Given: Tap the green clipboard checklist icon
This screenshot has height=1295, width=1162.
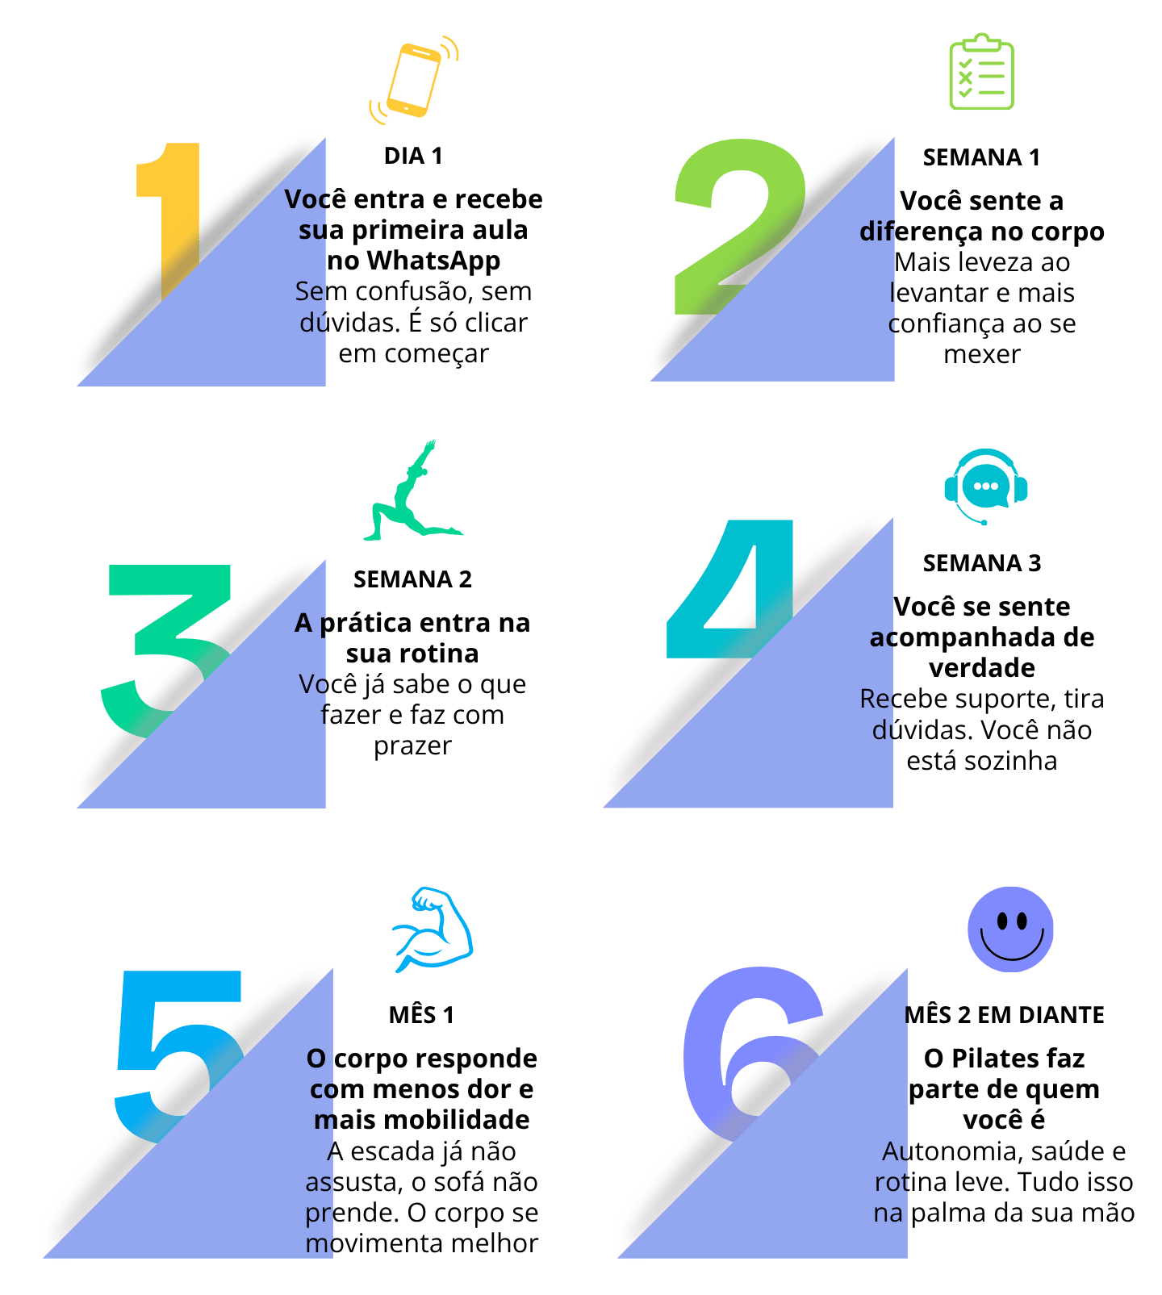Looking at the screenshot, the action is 980,73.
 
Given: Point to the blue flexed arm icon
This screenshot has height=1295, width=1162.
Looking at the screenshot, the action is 432,929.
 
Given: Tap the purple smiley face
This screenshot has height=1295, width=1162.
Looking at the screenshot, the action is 1010,929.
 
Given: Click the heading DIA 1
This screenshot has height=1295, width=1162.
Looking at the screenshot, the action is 413,156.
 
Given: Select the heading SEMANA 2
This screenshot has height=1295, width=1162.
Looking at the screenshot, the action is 412,579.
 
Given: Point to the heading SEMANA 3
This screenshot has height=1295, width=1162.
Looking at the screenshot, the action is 982,563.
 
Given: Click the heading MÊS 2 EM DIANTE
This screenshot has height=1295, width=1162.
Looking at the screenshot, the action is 1004,1015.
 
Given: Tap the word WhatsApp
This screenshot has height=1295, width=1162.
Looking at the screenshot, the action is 434,261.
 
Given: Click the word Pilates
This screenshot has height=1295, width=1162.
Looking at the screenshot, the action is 1004,1059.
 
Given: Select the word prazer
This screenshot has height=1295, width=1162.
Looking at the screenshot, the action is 412,746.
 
